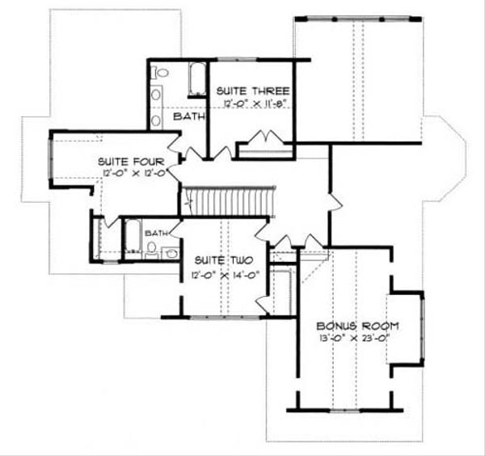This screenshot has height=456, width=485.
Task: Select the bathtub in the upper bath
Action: (x=196, y=82)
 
